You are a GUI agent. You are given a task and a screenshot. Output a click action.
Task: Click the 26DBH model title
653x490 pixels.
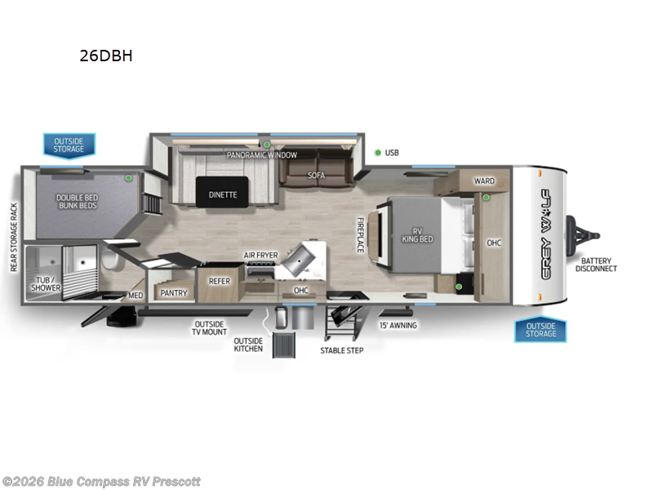pyautogui.click(x=106, y=57)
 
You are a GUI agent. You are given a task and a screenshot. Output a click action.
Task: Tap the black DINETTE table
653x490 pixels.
pyautogui.click(x=222, y=194)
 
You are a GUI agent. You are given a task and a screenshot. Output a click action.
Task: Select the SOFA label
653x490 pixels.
pyautogui.click(x=317, y=175)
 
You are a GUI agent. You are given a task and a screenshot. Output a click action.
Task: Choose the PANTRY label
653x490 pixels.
pyautogui.click(x=174, y=292)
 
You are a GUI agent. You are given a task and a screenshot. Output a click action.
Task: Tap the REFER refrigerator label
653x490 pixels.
pyautogui.click(x=220, y=281)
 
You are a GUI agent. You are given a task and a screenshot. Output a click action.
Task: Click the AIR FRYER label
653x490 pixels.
pyautogui.click(x=260, y=256)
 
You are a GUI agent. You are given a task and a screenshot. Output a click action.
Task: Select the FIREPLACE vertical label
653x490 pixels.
pyautogui.click(x=359, y=234)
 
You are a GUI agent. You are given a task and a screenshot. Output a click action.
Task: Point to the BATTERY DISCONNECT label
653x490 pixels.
pyautogui.click(x=596, y=264)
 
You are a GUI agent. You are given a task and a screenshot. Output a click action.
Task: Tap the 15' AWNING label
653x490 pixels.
pyautogui.click(x=398, y=325)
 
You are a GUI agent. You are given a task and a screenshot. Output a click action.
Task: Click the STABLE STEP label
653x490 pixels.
pyautogui.click(x=341, y=350)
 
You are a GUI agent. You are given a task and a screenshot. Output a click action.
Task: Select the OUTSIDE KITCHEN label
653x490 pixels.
pyautogui.click(x=248, y=345)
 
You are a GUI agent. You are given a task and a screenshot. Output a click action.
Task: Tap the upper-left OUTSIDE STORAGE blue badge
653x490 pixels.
pyautogui.click(x=69, y=145)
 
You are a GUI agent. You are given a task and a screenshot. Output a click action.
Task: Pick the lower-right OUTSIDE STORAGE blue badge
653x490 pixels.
pyautogui.click(x=540, y=329)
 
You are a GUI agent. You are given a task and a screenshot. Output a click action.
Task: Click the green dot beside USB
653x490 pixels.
pyautogui.click(x=378, y=153)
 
